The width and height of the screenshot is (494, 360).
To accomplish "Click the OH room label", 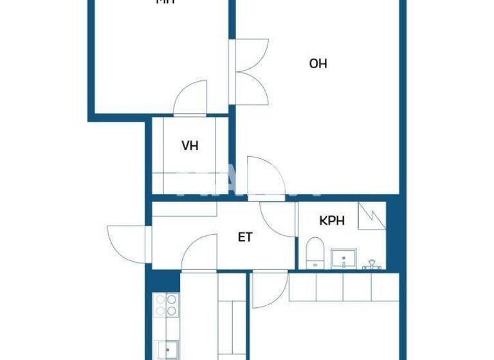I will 318,64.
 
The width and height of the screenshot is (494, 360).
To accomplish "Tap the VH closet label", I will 189,145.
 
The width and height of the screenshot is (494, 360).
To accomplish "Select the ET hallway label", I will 245,237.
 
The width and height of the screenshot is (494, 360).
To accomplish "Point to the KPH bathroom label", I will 332,221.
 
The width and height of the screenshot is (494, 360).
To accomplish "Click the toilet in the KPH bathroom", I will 315,253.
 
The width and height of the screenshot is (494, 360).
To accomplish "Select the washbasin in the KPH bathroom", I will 344,260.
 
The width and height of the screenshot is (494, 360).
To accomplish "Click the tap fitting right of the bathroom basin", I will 372,264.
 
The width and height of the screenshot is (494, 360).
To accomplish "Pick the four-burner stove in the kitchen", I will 166,305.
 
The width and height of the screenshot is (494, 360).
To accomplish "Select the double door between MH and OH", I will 250,71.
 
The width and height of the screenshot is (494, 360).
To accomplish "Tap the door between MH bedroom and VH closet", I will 190,98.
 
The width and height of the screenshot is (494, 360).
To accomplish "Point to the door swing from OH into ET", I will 264,175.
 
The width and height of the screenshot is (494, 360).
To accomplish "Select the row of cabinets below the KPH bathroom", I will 343,287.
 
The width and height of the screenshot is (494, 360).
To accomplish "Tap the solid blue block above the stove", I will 163,281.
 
